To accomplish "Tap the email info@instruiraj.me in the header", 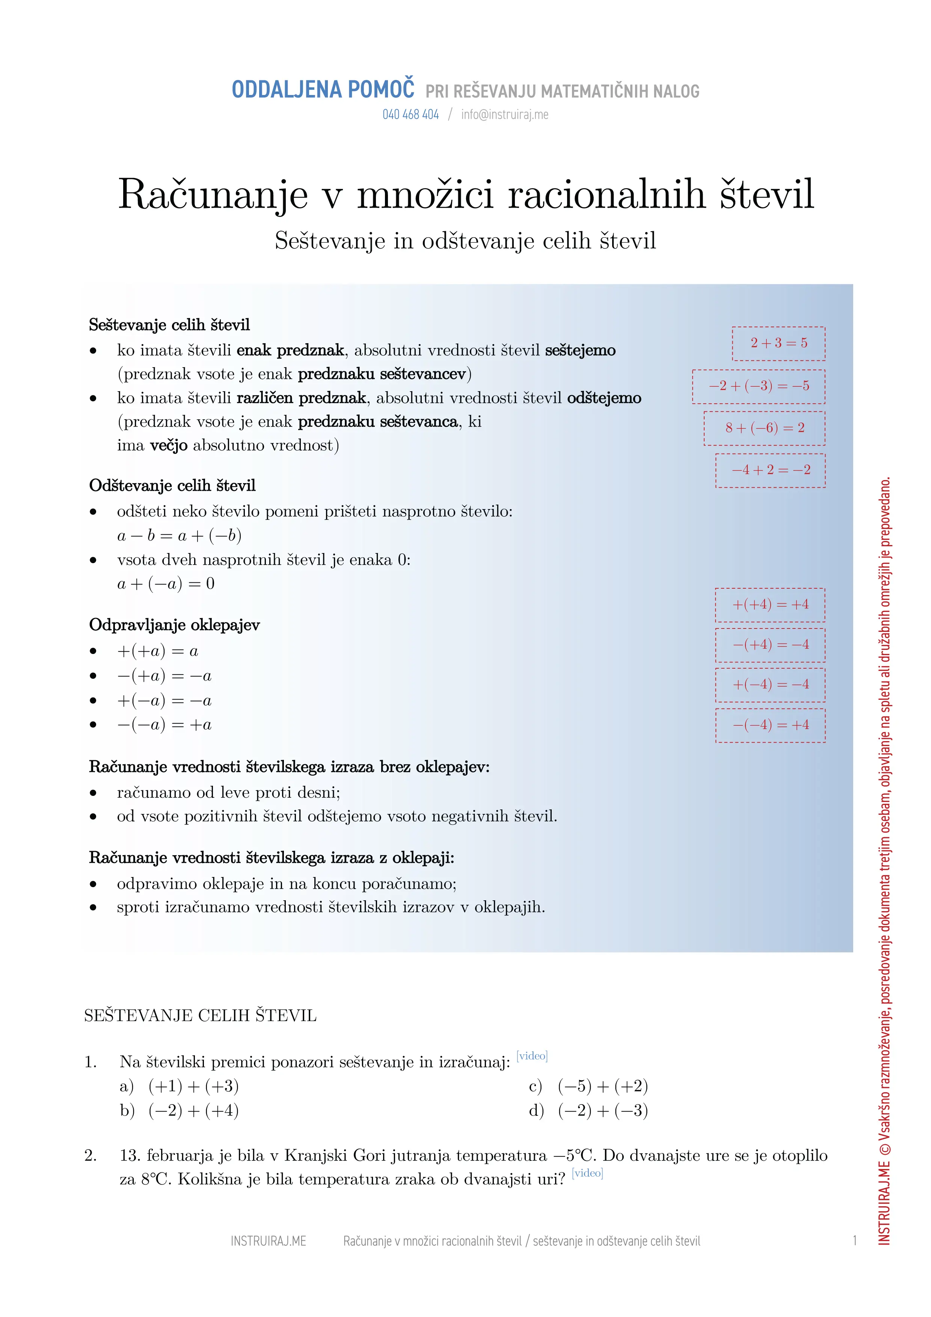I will pyautogui.click(x=504, y=115).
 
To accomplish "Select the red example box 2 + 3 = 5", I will pyautogui.click(x=779, y=343).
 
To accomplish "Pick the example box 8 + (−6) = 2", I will pyautogui.click(x=764, y=428).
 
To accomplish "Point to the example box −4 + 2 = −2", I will pyautogui.click(x=770, y=470).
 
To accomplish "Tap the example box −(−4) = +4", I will pyautogui.click(x=770, y=725).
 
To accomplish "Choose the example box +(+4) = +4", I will pyautogui.click(x=770, y=604).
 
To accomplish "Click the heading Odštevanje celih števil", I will pyautogui.click(x=172, y=486).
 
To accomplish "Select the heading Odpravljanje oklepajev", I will pyautogui.click(x=174, y=625).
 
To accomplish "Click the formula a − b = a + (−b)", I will pyautogui.click(x=179, y=536).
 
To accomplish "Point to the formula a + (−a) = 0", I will pyautogui.click(x=166, y=584).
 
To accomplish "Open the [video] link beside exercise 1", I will pyautogui.click(x=532, y=1055).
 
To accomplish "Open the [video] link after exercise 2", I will pyautogui.click(x=587, y=1173).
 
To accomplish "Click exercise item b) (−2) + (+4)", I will pyautogui.click(x=179, y=1111).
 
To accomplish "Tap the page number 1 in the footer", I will pyautogui.click(x=854, y=1241).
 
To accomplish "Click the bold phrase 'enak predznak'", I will pyautogui.click(x=290, y=350).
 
